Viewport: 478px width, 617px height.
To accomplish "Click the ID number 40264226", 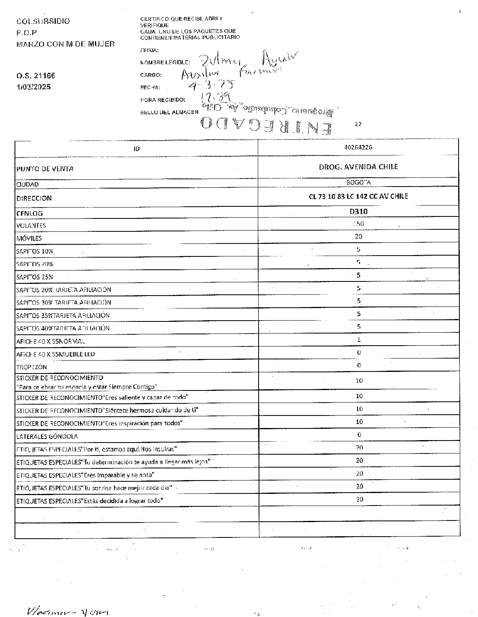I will [358, 147].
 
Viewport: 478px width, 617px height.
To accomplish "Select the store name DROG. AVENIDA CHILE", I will [358, 167].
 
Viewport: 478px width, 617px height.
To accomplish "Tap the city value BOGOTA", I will [358, 183].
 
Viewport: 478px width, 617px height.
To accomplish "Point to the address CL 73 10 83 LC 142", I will [358, 196].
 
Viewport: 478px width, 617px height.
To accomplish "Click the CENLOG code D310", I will [358, 211].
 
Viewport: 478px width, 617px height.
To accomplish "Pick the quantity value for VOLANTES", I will [358, 224].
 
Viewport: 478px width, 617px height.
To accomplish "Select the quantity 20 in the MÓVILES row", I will [358, 237].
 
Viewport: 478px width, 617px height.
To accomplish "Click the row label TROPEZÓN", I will [32, 367].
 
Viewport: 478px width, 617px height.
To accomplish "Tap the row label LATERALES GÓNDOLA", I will [47, 437].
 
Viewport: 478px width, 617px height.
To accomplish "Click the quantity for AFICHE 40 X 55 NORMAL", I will [359, 340].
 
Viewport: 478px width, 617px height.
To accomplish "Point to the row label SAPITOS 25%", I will [35, 277].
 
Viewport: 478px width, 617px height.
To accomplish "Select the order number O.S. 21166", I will [36, 76].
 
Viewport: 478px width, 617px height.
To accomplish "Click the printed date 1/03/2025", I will [34, 87].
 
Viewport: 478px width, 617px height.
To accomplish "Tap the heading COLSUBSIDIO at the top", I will [43, 21].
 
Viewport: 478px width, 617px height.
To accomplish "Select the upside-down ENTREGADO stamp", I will [267, 126].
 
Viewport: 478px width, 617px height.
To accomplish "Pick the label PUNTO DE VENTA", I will [45, 169].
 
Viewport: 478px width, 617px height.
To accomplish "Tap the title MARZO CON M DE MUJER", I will [65, 44].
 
